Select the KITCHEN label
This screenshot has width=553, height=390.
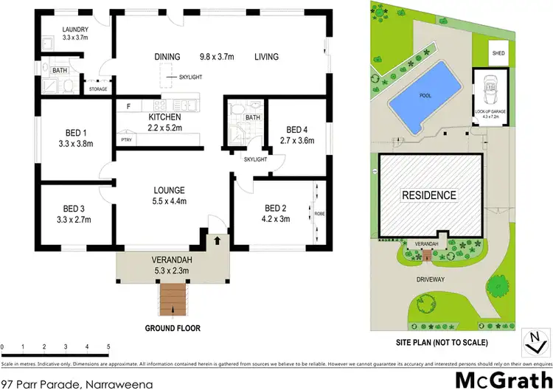(x=164, y=117)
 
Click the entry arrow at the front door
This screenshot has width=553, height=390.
(x=218, y=240)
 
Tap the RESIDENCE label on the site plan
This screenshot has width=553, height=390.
(x=428, y=195)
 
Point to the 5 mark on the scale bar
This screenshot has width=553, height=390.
(x=108, y=347)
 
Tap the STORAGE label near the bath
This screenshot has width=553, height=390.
(x=98, y=89)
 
